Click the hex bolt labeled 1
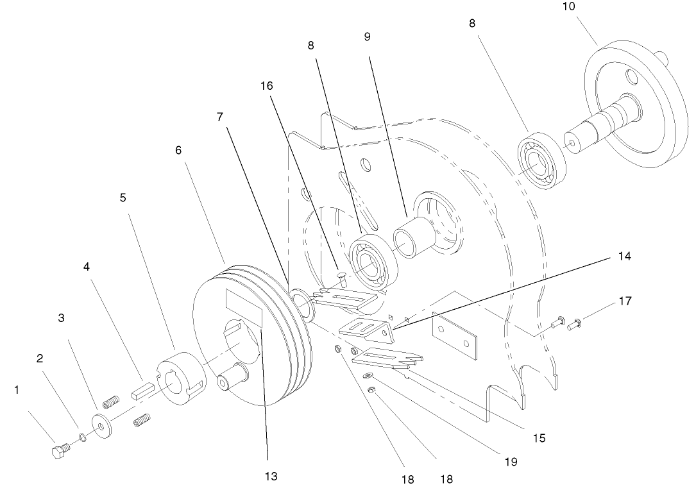(59, 452)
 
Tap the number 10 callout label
(568, 7)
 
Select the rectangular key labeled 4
(142, 392)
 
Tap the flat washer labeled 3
(101, 425)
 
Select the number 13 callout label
(271, 477)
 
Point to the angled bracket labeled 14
(366, 328)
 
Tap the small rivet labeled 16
(342, 276)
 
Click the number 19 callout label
(511, 461)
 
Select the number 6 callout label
(178, 149)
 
